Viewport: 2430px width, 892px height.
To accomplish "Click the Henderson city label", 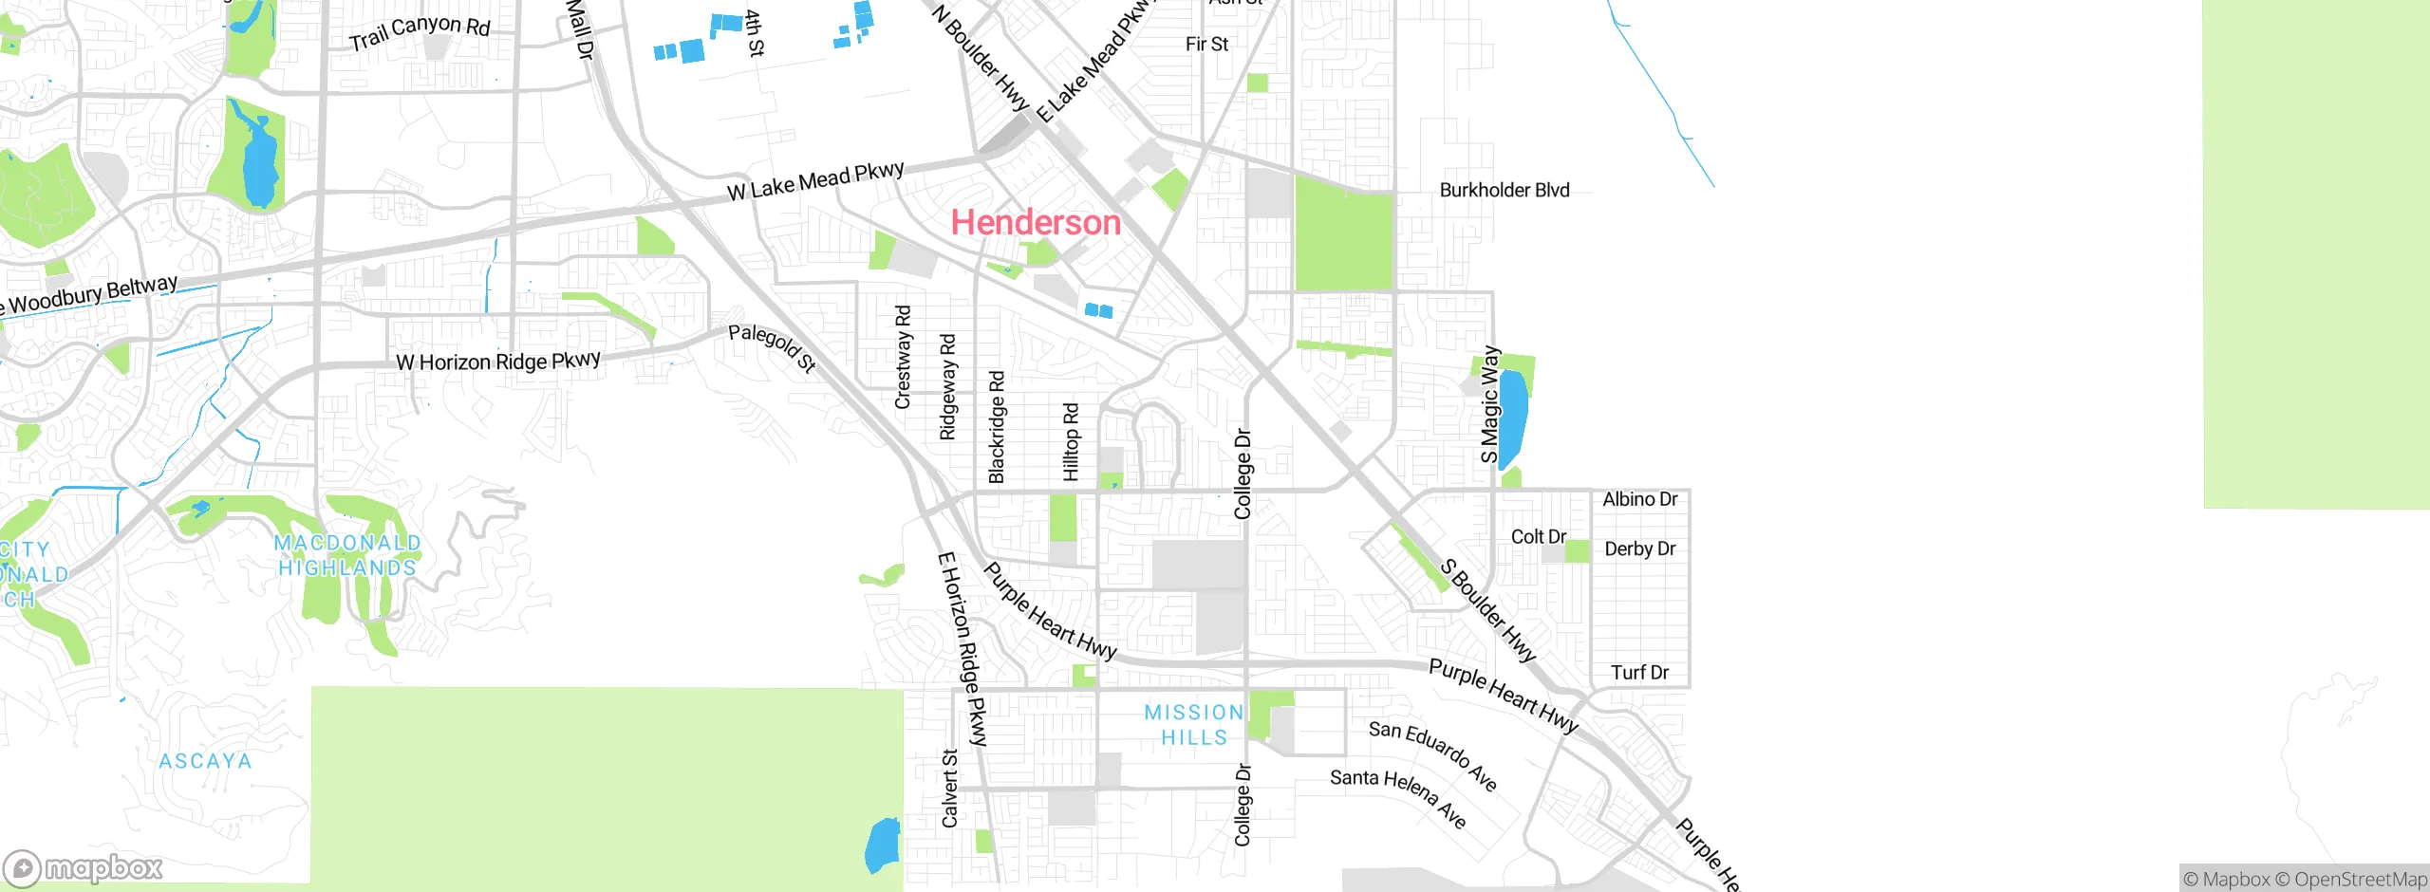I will coord(1036,222).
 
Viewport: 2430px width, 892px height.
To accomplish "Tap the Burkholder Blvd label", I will coord(1504,190).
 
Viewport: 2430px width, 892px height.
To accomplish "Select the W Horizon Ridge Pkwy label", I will coord(497,362).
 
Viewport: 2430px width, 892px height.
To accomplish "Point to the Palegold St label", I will coord(772,347).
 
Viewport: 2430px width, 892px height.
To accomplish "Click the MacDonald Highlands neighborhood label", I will coord(346,555).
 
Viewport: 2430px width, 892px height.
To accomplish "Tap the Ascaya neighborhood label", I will coord(205,761).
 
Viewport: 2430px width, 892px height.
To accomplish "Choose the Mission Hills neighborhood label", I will coord(1193,724).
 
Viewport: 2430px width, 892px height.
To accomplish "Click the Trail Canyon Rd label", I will coord(420,32).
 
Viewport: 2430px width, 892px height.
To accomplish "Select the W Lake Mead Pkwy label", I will coord(815,180).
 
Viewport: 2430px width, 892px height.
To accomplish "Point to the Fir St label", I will coord(1206,44).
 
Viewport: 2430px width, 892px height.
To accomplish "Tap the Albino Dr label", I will coord(1639,499).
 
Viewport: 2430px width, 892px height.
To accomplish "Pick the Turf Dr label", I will coord(1639,672).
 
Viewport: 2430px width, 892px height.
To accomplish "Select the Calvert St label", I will coord(949,789).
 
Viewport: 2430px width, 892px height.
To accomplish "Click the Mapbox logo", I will coord(84,868).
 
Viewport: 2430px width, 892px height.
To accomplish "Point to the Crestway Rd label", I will coord(903,357).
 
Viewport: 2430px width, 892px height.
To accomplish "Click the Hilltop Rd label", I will coord(1071,441).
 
